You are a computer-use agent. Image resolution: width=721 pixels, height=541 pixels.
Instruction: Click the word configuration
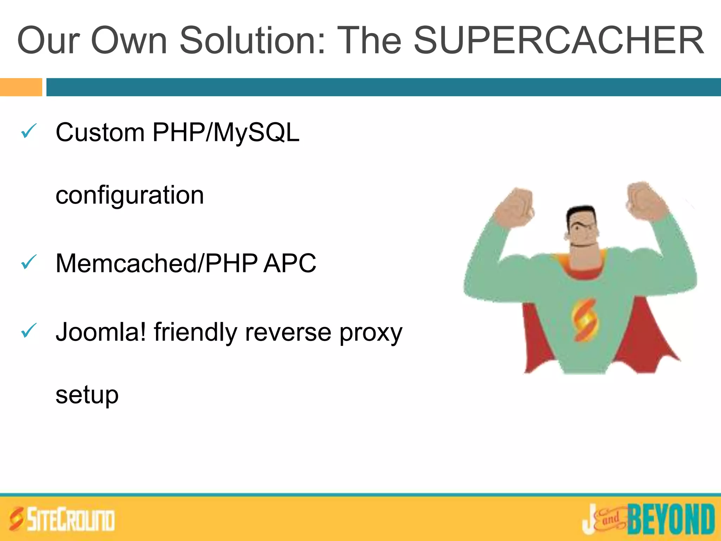[130, 196]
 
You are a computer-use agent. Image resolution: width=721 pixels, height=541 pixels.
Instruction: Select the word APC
[290, 263]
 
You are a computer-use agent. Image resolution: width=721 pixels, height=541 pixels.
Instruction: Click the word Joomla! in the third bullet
[101, 332]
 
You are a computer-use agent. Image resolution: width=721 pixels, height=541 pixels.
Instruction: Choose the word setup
[87, 395]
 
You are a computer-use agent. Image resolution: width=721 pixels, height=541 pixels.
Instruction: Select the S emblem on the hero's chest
[585, 320]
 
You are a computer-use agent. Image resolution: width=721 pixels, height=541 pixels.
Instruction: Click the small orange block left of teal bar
[21, 87]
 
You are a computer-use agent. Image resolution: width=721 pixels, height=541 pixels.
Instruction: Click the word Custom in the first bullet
[100, 133]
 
